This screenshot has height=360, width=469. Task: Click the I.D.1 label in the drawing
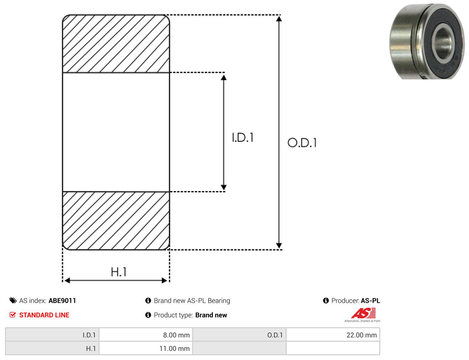243,137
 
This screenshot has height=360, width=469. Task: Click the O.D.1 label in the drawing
302,143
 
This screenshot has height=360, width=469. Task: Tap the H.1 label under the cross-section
118,272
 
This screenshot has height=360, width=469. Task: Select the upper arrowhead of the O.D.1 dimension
279,19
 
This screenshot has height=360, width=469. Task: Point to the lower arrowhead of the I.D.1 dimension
223,187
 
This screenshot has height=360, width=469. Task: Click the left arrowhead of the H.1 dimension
67,281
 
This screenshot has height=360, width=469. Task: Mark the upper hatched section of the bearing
116,43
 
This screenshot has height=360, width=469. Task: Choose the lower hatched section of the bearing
116,221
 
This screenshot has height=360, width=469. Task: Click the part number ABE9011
62,301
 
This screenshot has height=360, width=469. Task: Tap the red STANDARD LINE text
44,315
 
